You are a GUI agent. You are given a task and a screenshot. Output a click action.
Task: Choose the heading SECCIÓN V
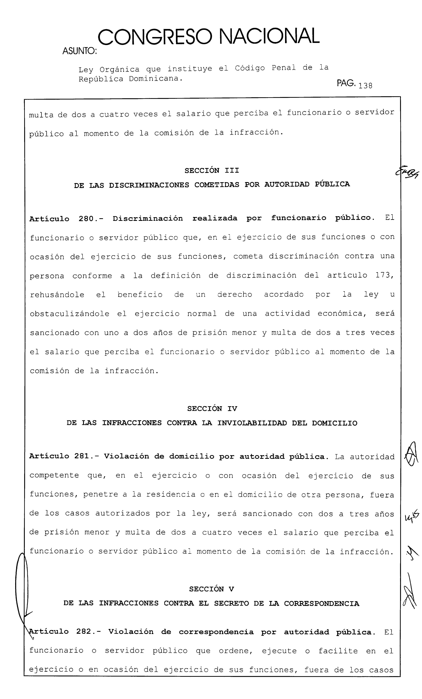click(211, 589)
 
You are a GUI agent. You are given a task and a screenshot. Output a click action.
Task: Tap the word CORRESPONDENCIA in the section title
click(322, 603)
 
